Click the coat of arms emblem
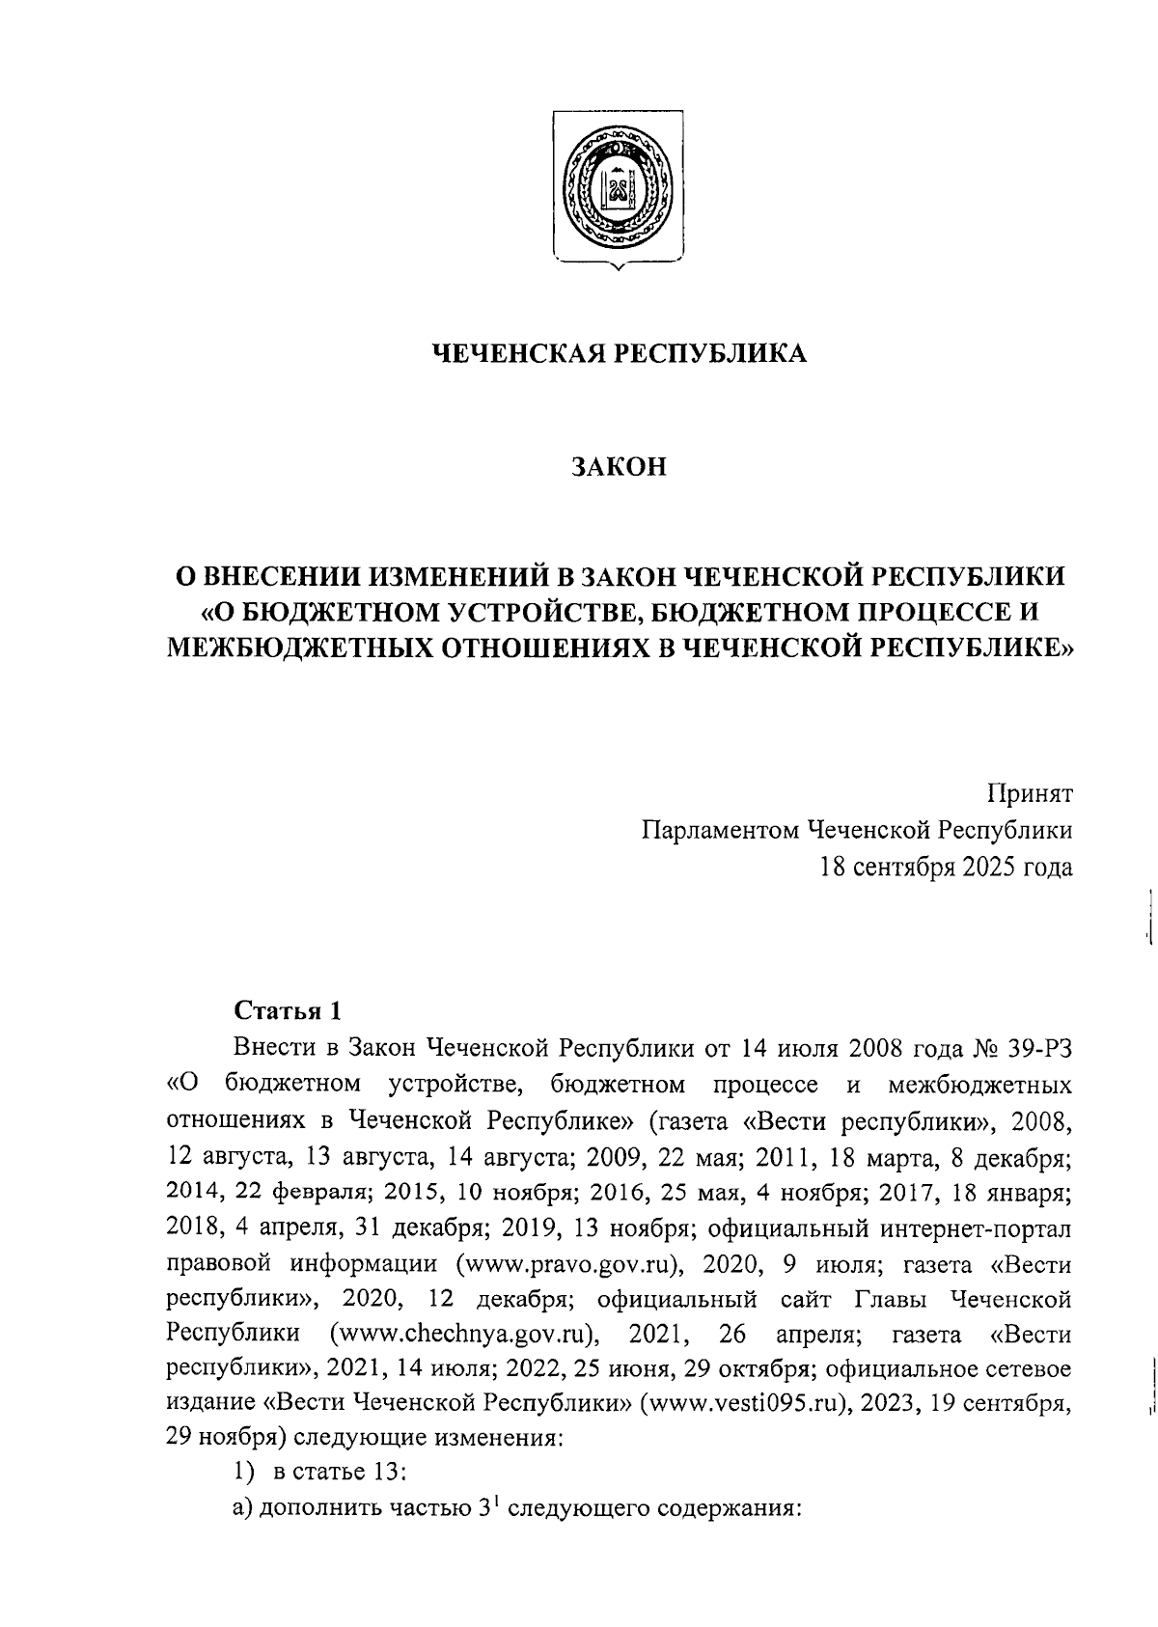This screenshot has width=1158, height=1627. pos(618,187)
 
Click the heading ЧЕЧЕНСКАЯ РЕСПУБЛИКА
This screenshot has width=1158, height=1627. pos(618,354)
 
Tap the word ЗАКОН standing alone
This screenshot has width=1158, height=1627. pos(618,467)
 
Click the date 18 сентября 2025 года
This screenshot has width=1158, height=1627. pos(946,868)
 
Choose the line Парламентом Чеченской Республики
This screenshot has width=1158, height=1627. pos(857,830)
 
